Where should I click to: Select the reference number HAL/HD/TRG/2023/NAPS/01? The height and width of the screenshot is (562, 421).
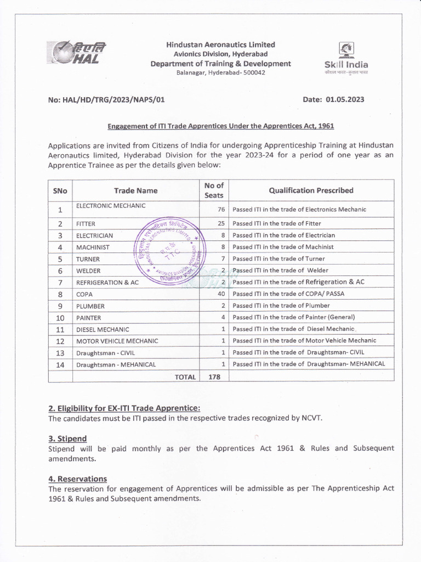106,100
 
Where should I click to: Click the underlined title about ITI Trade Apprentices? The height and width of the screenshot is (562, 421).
220,126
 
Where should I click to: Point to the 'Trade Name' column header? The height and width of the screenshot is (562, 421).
135,190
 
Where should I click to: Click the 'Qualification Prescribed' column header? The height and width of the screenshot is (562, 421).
311,190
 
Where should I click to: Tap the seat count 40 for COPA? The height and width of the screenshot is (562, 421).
221,294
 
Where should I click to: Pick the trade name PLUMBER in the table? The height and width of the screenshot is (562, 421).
90,306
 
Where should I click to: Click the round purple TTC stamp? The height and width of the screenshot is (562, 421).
170,248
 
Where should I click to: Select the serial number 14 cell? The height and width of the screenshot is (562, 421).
60,364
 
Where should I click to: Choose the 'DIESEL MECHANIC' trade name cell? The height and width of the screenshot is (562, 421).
103,330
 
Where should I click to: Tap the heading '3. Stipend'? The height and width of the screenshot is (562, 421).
67,439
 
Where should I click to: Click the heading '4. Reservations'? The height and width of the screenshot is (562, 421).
77,479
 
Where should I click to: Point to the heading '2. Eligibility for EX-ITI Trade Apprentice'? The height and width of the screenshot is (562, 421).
124,408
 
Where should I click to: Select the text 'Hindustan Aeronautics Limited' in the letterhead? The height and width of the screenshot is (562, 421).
220,44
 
